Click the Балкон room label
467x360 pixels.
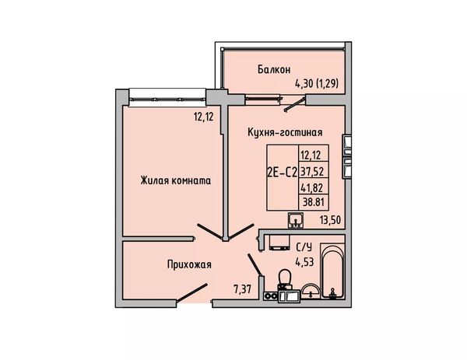point(274,70)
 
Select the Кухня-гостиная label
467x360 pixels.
point(285,132)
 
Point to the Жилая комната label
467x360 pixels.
point(176,180)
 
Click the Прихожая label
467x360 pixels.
point(189,264)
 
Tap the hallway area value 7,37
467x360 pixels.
point(243,289)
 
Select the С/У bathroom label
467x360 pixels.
point(304,247)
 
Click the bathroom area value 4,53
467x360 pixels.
point(304,262)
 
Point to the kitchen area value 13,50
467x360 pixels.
point(330,220)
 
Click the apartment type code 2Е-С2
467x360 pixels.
point(282,173)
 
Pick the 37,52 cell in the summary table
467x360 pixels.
point(312,171)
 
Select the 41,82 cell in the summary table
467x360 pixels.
point(312,187)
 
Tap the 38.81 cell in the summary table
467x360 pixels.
point(314,202)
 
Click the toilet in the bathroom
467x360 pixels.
point(285,279)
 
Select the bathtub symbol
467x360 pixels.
point(332,271)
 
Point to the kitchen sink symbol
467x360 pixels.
point(296,221)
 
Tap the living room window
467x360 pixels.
point(167,98)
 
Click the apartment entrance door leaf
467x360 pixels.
point(192,293)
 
